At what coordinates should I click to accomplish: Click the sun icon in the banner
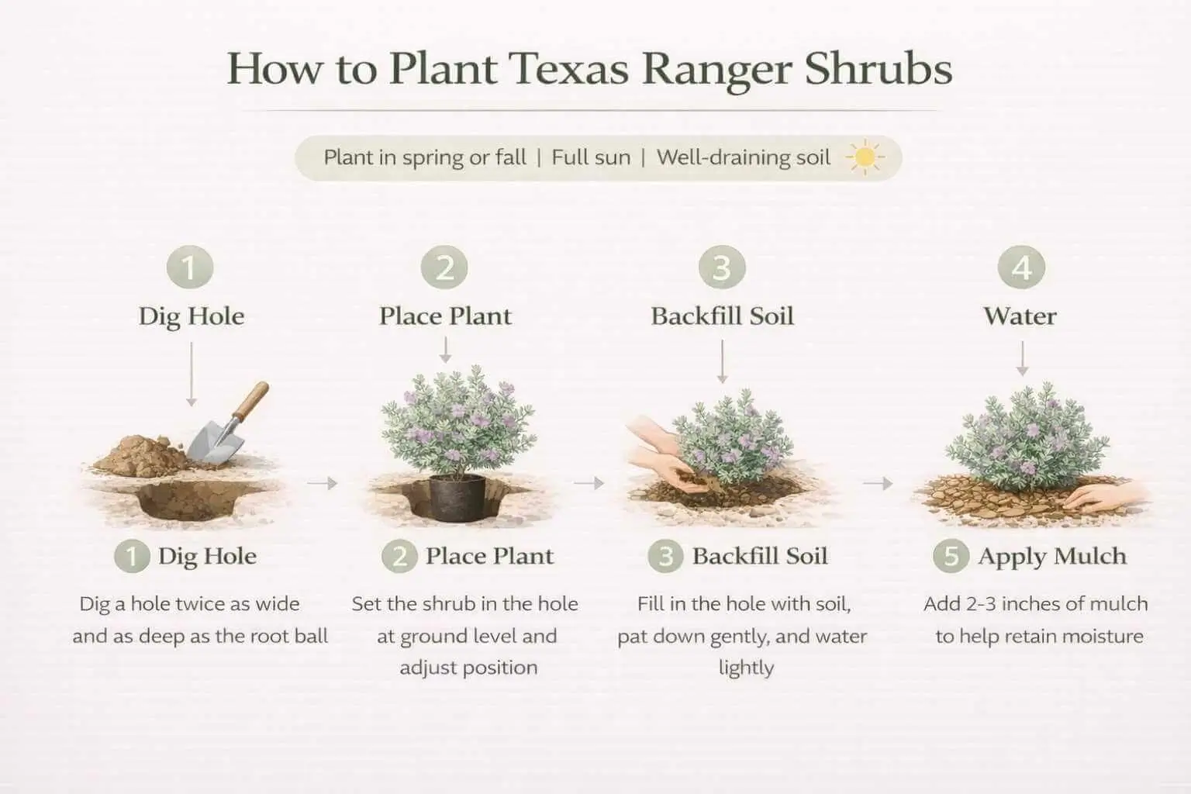click(865, 158)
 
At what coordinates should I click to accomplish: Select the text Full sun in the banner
click(591, 157)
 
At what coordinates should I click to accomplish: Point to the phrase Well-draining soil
click(743, 157)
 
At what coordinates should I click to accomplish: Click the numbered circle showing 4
click(1021, 268)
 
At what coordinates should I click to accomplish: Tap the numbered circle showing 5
click(951, 556)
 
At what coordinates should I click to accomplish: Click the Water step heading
click(1020, 316)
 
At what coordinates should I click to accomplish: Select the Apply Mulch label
click(1051, 556)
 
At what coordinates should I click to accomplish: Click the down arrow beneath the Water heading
click(1021, 360)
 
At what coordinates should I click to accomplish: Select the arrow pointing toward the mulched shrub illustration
click(878, 484)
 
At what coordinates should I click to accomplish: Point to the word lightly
click(746, 668)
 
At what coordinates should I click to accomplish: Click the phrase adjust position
click(468, 668)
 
